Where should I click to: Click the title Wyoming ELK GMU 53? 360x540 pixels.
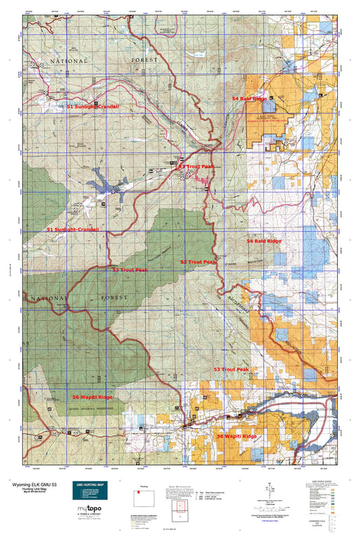coord(35,484)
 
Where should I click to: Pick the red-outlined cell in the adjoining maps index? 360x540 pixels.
coord(180,508)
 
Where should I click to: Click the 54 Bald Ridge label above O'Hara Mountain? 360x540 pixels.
coord(263,240)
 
